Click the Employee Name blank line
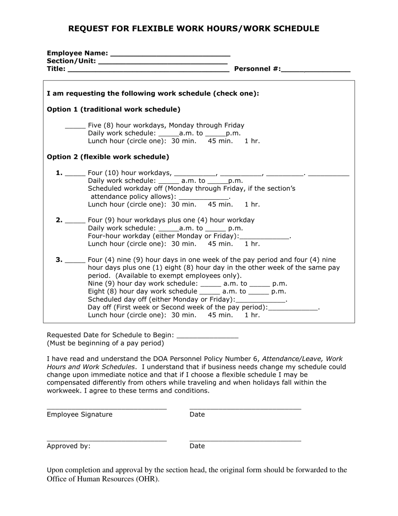pyautogui.click(x=170, y=54)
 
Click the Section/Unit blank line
pyautogui.click(x=163, y=62)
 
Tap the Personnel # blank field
pyautogui.click(x=315, y=70)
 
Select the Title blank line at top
pyautogui.click(x=148, y=70)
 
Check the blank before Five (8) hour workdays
pyautogui.click(x=75, y=126)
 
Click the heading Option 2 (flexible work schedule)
pyautogui.click(x=108, y=157)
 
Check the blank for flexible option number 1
pyautogui.click(x=75, y=173)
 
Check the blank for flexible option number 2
pyautogui.click(x=75, y=221)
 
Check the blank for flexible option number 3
pyautogui.click(x=75, y=260)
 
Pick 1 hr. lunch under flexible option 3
pyautogui.click(x=252, y=315)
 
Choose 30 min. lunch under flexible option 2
pyautogui.click(x=183, y=244)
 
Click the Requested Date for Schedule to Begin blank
pyautogui.click(x=207, y=336)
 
